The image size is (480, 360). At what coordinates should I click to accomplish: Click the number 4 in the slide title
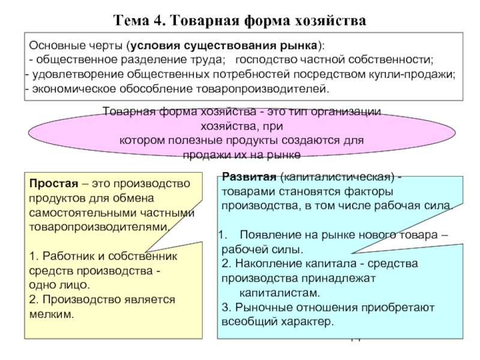(x=160, y=21)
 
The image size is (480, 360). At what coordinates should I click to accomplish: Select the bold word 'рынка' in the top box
(x=300, y=46)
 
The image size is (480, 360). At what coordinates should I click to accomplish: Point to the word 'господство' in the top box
(x=263, y=60)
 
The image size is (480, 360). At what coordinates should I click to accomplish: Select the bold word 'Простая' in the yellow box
(x=50, y=184)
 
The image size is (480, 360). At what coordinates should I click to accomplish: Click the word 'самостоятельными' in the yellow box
(x=73, y=212)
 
